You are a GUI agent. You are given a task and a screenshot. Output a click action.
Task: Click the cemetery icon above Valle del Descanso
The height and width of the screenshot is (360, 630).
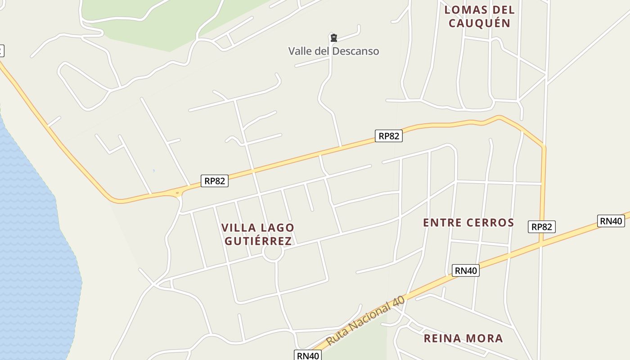point(333,38)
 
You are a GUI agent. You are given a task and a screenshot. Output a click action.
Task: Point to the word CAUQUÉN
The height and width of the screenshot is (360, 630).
point(479,23)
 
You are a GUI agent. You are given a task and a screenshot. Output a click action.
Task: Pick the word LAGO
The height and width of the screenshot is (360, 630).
point(276,228)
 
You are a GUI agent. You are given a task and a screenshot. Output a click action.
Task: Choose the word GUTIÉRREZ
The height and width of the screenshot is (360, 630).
point(258,241)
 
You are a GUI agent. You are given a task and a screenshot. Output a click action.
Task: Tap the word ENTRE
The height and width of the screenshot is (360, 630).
point(443,223)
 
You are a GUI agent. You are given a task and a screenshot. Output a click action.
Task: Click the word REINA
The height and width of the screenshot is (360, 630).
point(442,338)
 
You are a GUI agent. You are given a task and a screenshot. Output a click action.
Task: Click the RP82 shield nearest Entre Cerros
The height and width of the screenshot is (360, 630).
point(541,227)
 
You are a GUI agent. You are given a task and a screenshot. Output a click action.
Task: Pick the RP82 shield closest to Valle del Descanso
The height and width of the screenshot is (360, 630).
point(388,136)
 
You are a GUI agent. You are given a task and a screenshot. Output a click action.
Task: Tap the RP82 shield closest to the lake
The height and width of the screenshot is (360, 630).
point(214,181)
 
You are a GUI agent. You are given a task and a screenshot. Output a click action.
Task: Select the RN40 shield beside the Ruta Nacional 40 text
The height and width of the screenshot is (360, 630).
point(308,355)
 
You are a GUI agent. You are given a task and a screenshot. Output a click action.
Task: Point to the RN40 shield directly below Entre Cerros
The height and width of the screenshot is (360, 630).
point(465,270)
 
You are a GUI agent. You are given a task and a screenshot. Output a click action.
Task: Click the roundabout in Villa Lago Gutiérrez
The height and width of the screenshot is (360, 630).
point(273,252)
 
